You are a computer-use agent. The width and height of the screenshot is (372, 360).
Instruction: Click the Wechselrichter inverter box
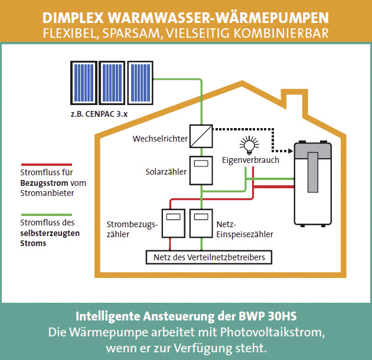[x=201, y=136]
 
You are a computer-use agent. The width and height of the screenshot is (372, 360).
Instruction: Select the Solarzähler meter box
[x=201, y=171]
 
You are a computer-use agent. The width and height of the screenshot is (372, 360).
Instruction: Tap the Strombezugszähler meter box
[x=174, y=223]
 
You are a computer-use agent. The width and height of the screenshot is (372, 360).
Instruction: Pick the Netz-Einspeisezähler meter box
[x=201, y=223]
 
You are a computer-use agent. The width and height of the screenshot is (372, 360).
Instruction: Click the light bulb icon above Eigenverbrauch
[x=249, y=145]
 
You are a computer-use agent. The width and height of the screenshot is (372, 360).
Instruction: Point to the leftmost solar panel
[x=84, y=83]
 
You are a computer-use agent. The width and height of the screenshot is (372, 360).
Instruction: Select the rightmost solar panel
[x=140, y=83]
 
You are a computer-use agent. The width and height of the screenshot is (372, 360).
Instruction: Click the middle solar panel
[x=112, y=83]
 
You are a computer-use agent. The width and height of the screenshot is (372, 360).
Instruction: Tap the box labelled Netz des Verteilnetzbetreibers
[x=209, y=257]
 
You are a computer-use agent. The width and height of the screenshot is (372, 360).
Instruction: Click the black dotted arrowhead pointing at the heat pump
[x=290, y=151]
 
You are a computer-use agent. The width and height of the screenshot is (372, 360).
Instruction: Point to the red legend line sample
[x=47, y=164]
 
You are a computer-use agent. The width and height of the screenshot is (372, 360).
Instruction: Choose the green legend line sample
[x=47, y=215]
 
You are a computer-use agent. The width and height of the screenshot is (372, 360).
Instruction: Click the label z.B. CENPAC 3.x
[x=99, y=114]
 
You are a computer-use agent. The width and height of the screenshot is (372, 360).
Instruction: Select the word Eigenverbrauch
[x=250, y=160]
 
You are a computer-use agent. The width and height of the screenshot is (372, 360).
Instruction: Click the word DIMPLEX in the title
[x=73, y=18]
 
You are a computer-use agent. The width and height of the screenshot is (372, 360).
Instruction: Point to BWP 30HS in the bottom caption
[x=267, y=316]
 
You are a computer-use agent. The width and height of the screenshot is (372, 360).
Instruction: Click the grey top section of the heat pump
[x=313, y=150]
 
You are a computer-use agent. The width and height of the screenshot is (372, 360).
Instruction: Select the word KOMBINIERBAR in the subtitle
[x=281, y=33]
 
